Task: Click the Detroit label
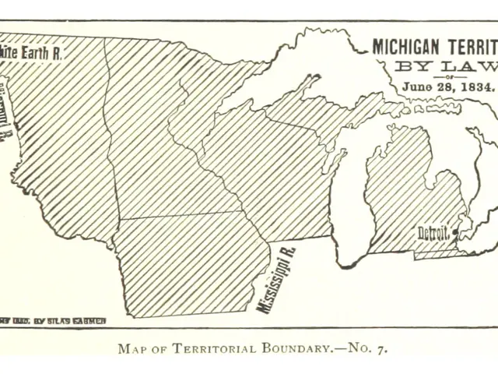[x=433, y=233]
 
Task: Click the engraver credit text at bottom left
[x=53, y=320]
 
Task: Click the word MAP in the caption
[x=132, y=348]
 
